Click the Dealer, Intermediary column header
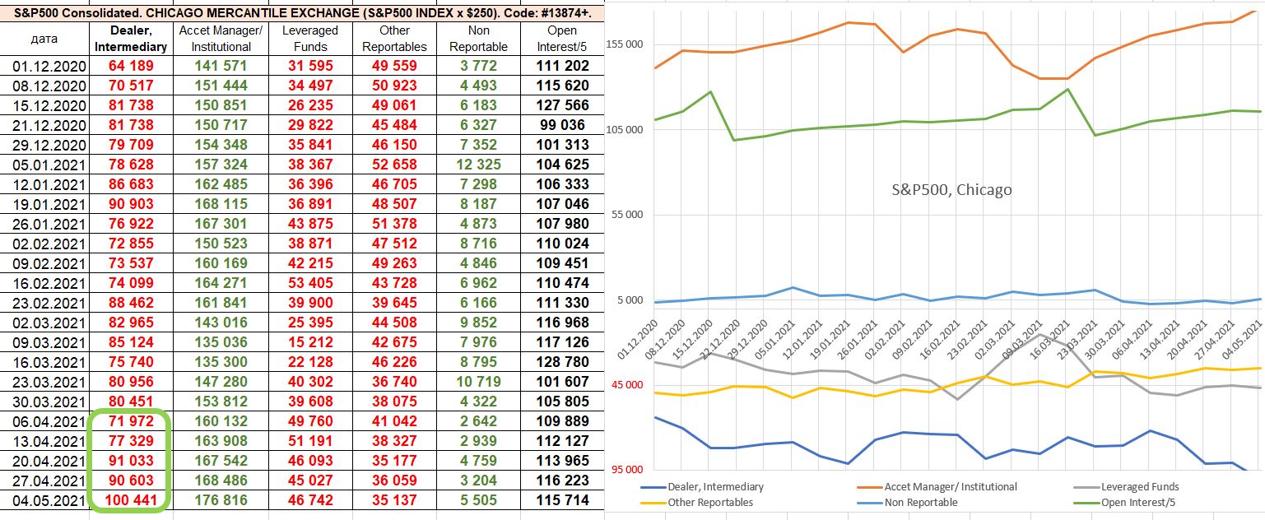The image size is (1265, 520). pyautogui.click(x=131, y=39)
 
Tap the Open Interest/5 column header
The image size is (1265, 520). pyautogui.click(x=562, y=39)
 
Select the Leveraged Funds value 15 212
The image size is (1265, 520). pyautogui.click(x=308, y=342)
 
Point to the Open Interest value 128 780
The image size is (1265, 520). pyautogui.click(x=562, y=362)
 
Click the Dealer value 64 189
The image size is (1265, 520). pyautogui.click(x=131, y=66)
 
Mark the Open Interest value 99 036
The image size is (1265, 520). pyautogui.click(x=562, y=125)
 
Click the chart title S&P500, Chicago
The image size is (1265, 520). pyautogui.click(x=951, y=190)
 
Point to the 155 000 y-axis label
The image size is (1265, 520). pyautogui.click(x=626, y=44)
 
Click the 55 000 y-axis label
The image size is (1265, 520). pyautogui.click(x=629, y=215)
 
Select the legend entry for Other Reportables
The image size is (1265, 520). pyautogui.click(x=709, y=502)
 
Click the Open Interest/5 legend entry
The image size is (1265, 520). pyautogui.click(x=1139, y=502)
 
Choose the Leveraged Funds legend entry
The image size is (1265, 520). pyautogui.click(x=1139, y=486)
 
